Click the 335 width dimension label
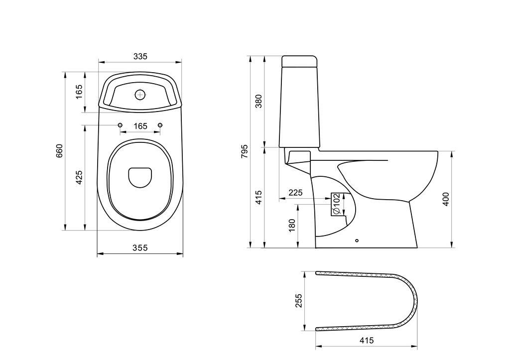pos(140,57)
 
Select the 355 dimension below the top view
pos(140,248)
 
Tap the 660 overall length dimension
pos(60,151)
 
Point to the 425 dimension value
pos(79,178)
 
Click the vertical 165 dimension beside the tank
pos(79,92)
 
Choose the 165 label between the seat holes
pos(140,126)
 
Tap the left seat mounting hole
pos(120,124)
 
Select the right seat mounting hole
pos(160,124)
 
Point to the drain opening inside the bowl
pos(140,177)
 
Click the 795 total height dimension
pos(245,151)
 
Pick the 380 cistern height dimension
pos(258,101)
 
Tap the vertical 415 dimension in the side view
pos(258,198)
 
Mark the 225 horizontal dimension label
pos(295,193)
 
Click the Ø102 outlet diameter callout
pos(336,204)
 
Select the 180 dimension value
pos(292,225)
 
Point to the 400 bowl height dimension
pos(446,199)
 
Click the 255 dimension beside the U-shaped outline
pos(299,301)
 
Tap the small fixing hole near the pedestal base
pos(357,241)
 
